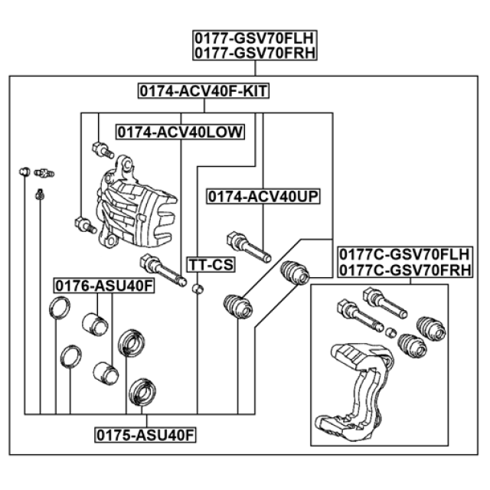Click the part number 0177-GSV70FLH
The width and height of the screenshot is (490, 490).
click(254, 38)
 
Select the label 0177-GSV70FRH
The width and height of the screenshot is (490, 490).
click(254, 53)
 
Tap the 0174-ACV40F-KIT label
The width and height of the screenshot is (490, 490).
click(203, 91)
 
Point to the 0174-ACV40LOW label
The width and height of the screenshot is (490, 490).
click(180, 132)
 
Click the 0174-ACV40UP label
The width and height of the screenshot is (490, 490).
click(263, 197)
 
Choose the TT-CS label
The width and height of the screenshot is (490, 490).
click(211, 265)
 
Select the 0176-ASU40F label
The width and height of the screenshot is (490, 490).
click(103, 286)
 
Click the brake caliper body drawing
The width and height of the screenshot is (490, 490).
click(134, 203)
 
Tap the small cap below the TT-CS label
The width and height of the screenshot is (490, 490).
click(198, 289)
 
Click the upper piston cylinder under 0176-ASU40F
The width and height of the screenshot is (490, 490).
click(95, 324)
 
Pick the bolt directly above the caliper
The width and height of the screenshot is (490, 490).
click(98, 147)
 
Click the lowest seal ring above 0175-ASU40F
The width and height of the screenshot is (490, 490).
click(141, 392)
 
